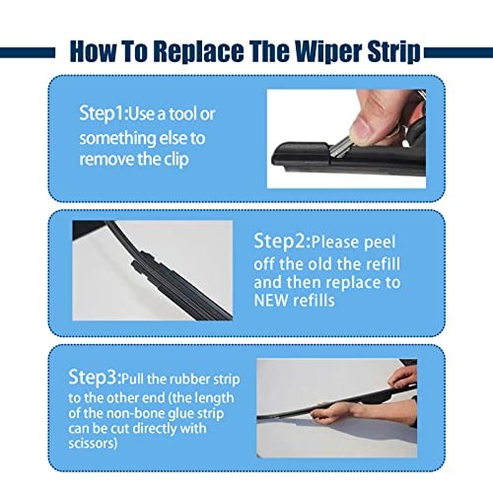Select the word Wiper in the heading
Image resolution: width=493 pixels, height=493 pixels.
(320, 50)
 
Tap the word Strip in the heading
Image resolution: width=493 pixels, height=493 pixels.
(394, 50)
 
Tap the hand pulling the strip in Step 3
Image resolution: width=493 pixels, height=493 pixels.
(403, 379)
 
